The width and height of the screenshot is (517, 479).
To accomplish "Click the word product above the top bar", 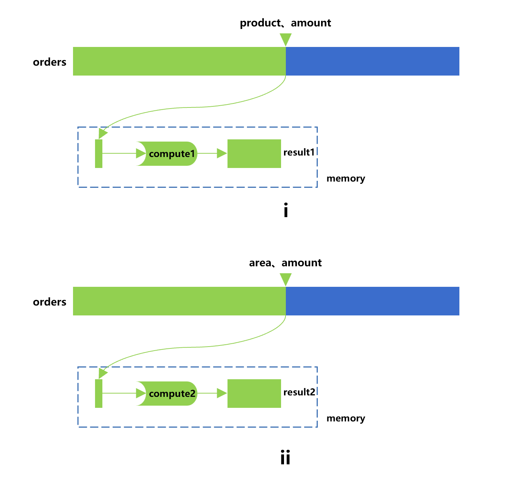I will pos(260,23).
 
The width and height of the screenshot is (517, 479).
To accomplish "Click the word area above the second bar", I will pos(260,263).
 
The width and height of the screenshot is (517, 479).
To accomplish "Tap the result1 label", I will pos(299,152).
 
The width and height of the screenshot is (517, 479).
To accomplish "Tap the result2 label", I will pos(299,392).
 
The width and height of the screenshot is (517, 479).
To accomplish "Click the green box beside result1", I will pos(254,154).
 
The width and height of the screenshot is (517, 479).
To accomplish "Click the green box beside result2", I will pos(254,394).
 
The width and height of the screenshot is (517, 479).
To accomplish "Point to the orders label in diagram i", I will pos(50,62).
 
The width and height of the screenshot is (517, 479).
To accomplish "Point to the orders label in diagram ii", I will pos(50,302).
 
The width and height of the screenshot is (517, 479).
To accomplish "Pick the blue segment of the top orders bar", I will pos(372,61).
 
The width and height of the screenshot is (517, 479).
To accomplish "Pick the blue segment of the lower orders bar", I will pos(372,301).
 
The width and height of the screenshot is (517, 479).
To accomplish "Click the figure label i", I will pos(286,211).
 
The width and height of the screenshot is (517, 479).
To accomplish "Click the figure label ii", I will pos(285,457).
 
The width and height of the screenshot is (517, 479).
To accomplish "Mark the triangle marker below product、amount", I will pos(285,39).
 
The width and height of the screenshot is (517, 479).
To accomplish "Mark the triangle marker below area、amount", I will pos(285,279).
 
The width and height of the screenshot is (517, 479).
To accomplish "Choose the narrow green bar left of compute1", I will pos(99,154).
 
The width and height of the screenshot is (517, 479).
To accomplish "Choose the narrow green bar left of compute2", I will pos(99,394).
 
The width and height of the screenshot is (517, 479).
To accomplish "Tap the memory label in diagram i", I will pos(346,179).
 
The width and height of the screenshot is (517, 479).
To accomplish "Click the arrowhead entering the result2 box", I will pos(222,394).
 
